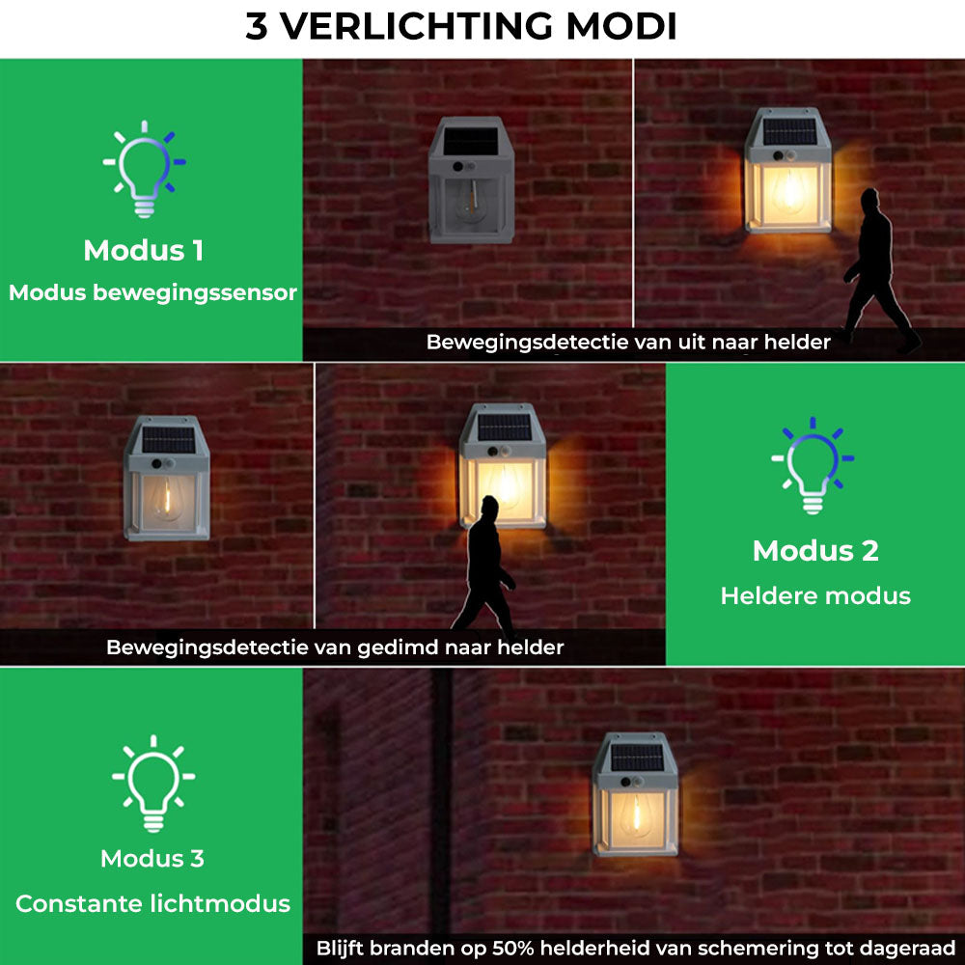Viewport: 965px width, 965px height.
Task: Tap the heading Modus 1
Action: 144,251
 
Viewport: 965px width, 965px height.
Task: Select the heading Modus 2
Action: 815,551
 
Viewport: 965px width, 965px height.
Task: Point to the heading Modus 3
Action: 152,858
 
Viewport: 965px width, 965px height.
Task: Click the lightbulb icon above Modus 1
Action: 144,170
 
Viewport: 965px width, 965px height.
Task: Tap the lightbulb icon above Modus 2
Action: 813,466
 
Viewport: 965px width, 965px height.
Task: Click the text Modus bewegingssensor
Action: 153,293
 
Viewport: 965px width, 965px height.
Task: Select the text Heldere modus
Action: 815,595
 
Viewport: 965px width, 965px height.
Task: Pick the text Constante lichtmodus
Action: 152,904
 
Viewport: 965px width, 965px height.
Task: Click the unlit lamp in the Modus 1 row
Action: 470,180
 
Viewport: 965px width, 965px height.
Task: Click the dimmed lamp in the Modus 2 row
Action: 167,477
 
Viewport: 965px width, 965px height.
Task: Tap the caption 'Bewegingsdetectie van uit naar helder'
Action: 628,343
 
